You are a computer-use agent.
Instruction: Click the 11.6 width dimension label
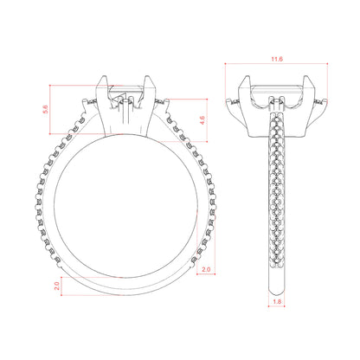[277, 59]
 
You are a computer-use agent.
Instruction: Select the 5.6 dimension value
[46, 109]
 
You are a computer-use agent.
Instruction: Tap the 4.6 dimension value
[202, 120]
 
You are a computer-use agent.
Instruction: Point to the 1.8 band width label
[277, 302]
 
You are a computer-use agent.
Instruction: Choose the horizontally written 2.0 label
[206, 269]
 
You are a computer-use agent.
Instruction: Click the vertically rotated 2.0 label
[57, 286]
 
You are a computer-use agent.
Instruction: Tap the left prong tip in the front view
[104, 76]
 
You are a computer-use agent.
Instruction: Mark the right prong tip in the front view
[147, 77]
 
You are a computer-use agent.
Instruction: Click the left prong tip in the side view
[247, 77]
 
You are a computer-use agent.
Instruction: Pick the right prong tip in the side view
[306, 77]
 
